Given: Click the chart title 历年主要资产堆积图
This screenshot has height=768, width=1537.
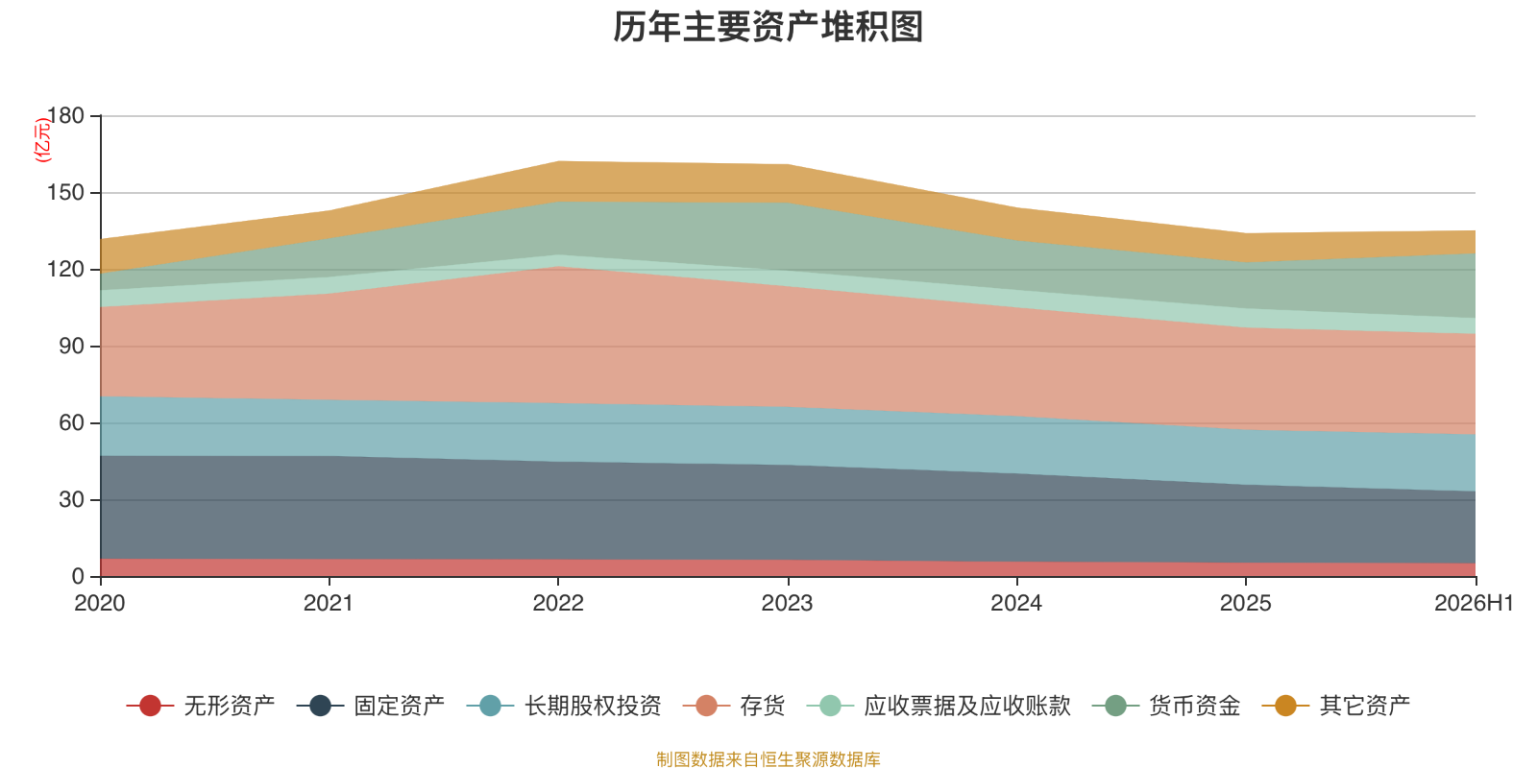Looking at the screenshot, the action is tap(768, 28).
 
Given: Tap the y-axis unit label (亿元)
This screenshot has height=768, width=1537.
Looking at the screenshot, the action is tap(42, 140).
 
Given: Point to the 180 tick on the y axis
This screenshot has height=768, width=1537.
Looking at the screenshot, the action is tap(65, 116).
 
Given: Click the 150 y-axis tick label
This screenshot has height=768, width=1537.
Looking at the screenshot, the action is tap(65, 193).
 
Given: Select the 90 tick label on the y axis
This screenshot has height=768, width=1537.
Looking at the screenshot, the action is tap(71, 347).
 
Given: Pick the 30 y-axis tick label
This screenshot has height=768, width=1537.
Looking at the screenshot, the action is tap(71, 500).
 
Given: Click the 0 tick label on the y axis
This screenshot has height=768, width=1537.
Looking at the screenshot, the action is tap(78, 577).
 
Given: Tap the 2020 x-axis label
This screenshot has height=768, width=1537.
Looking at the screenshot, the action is tap(100, 604).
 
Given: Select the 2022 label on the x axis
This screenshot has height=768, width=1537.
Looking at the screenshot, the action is tap(558, 604).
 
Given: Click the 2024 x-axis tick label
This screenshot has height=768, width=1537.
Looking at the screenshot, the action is tap(1017, 604).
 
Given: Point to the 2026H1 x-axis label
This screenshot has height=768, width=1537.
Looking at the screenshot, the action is tap(1474, 604).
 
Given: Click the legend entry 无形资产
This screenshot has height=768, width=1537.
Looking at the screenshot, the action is tap(201, 706).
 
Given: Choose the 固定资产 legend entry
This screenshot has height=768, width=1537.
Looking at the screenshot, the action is tap(371, 706).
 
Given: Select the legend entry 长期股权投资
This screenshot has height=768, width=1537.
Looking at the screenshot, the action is tap(563, 706).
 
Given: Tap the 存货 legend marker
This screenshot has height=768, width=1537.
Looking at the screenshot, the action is tap(706, 706).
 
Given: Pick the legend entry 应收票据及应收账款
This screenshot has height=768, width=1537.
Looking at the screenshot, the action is tap(939, 706).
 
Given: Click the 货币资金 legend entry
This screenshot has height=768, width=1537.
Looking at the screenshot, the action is tap(1166, 706).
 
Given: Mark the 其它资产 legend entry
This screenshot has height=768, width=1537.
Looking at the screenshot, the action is tap(1336, 706).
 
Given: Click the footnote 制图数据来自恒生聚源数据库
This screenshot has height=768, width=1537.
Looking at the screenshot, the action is tap(768, 759).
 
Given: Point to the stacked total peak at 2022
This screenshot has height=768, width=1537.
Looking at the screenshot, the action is tap(558, 161).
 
